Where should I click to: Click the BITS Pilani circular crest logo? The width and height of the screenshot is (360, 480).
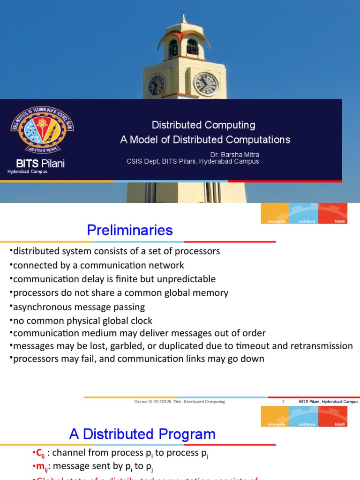(x=42, y=129)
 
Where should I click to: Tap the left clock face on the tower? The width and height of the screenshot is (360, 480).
(x=156, y=85)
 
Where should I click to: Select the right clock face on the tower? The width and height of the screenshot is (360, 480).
(x=206, y=84)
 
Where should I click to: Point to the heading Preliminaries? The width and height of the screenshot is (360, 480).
(x=130, y=230)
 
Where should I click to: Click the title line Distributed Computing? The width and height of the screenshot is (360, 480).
(x=203, y=125)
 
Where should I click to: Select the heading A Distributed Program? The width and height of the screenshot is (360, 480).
(x=142, y=434)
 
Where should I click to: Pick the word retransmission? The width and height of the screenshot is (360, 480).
(x=317, y=346)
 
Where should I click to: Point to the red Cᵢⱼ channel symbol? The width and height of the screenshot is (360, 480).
(x=38, y=453)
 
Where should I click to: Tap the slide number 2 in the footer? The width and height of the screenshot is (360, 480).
(x=283, y=402)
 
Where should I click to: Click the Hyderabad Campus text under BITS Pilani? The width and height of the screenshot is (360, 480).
(x=27, y=172)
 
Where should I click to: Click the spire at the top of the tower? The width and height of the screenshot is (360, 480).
(x=183, y=18)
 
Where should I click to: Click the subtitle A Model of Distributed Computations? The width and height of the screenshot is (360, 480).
(x=205, y=140)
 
